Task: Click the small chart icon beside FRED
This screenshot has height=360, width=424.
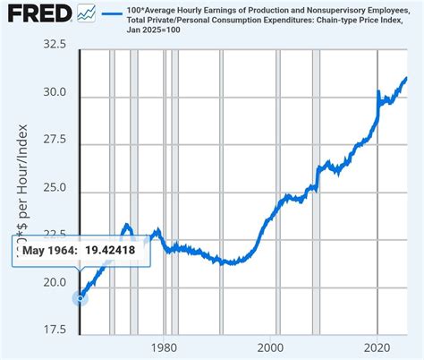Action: click(x=87, y=13)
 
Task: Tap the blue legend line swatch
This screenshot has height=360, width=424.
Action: click(x=113, y=13)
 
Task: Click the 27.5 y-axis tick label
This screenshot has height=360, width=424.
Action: click(x=53, y=141)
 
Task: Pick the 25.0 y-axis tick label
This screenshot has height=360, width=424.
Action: click(x=53, y=189)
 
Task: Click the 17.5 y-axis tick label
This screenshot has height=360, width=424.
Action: click(x=53, y=330)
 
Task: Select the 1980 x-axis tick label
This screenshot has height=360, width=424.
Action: click(x=163, y=347)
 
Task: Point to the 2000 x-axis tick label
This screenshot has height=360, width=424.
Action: click(x=271, y=347)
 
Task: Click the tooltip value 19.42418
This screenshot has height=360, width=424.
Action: click(x=111, y=250)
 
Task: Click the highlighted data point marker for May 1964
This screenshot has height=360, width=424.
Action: click(x=81, y=298)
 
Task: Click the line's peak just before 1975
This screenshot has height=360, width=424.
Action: click(x=126, y=225)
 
